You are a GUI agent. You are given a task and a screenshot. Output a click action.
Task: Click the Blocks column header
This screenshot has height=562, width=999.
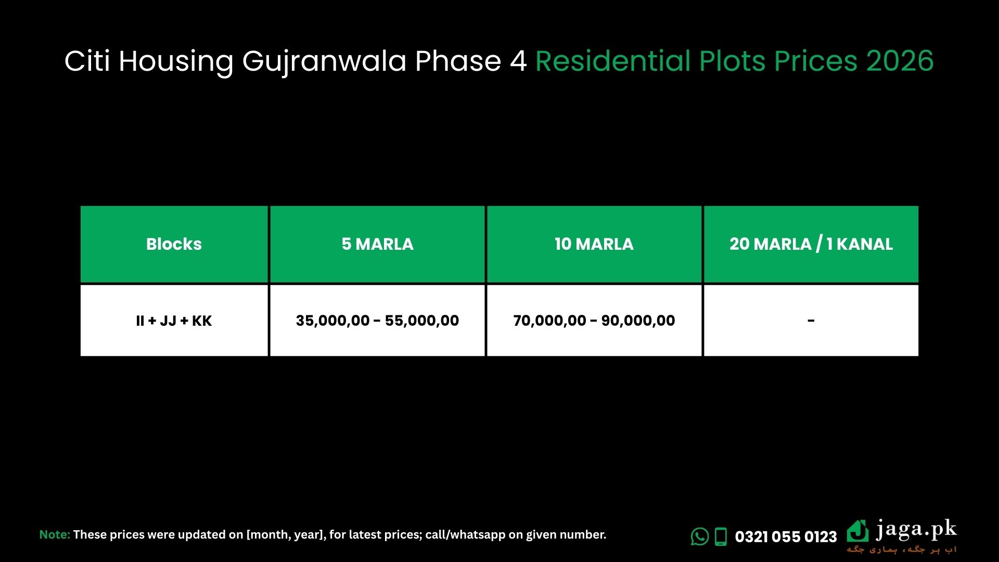coord(174,244)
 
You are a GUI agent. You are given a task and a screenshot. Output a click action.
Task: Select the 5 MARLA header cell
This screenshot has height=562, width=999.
coord(377,244)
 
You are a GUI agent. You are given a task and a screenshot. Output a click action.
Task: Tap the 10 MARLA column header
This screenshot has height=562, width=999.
coord(594,244)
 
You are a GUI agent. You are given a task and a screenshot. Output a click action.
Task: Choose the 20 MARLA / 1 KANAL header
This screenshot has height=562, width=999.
coord(811,244)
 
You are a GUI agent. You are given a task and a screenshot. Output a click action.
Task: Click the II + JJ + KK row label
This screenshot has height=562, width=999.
coord(174,321)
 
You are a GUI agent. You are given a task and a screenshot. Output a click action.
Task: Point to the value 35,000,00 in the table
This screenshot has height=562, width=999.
coord(332,321)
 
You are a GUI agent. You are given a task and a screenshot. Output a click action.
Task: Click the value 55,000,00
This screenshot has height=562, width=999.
coord(422,321)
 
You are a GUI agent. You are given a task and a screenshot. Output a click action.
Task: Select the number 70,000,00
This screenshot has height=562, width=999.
coord(549,321)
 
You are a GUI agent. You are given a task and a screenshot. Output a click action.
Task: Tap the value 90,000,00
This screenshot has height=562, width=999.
coord(638,321)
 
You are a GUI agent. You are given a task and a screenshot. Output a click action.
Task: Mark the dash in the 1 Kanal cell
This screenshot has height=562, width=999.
coord(811,321)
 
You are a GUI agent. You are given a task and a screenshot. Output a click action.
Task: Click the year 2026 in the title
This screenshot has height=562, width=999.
coord(900,61)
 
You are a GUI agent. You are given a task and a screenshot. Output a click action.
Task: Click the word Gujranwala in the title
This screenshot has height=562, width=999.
coord(324,61)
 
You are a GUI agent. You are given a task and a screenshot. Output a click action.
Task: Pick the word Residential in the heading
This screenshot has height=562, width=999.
coord(612,61)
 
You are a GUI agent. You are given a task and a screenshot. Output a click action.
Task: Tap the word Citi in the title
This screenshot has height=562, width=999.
coord(87,61)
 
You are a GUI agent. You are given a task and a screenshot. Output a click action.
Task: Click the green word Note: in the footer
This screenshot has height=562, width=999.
coord(55,534)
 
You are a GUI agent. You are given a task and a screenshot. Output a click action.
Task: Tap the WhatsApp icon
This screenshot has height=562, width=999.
coord(699,537)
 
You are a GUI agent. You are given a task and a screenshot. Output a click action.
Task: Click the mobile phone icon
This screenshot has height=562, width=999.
coord(721,537)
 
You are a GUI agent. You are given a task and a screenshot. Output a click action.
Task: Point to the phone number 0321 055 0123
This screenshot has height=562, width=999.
coord(786,537)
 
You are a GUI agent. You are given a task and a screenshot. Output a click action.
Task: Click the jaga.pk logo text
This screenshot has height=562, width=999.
coord(916,530)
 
